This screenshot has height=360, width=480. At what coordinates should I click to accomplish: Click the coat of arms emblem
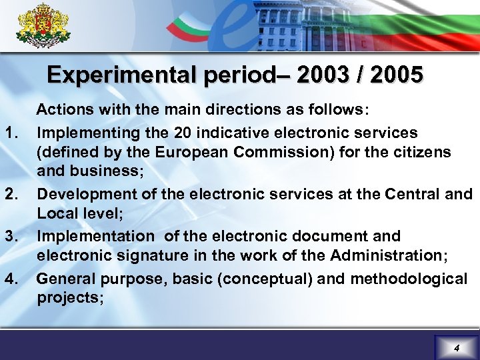43,25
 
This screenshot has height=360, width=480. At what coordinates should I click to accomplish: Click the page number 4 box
456,348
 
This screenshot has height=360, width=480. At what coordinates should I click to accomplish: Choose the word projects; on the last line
70,298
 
